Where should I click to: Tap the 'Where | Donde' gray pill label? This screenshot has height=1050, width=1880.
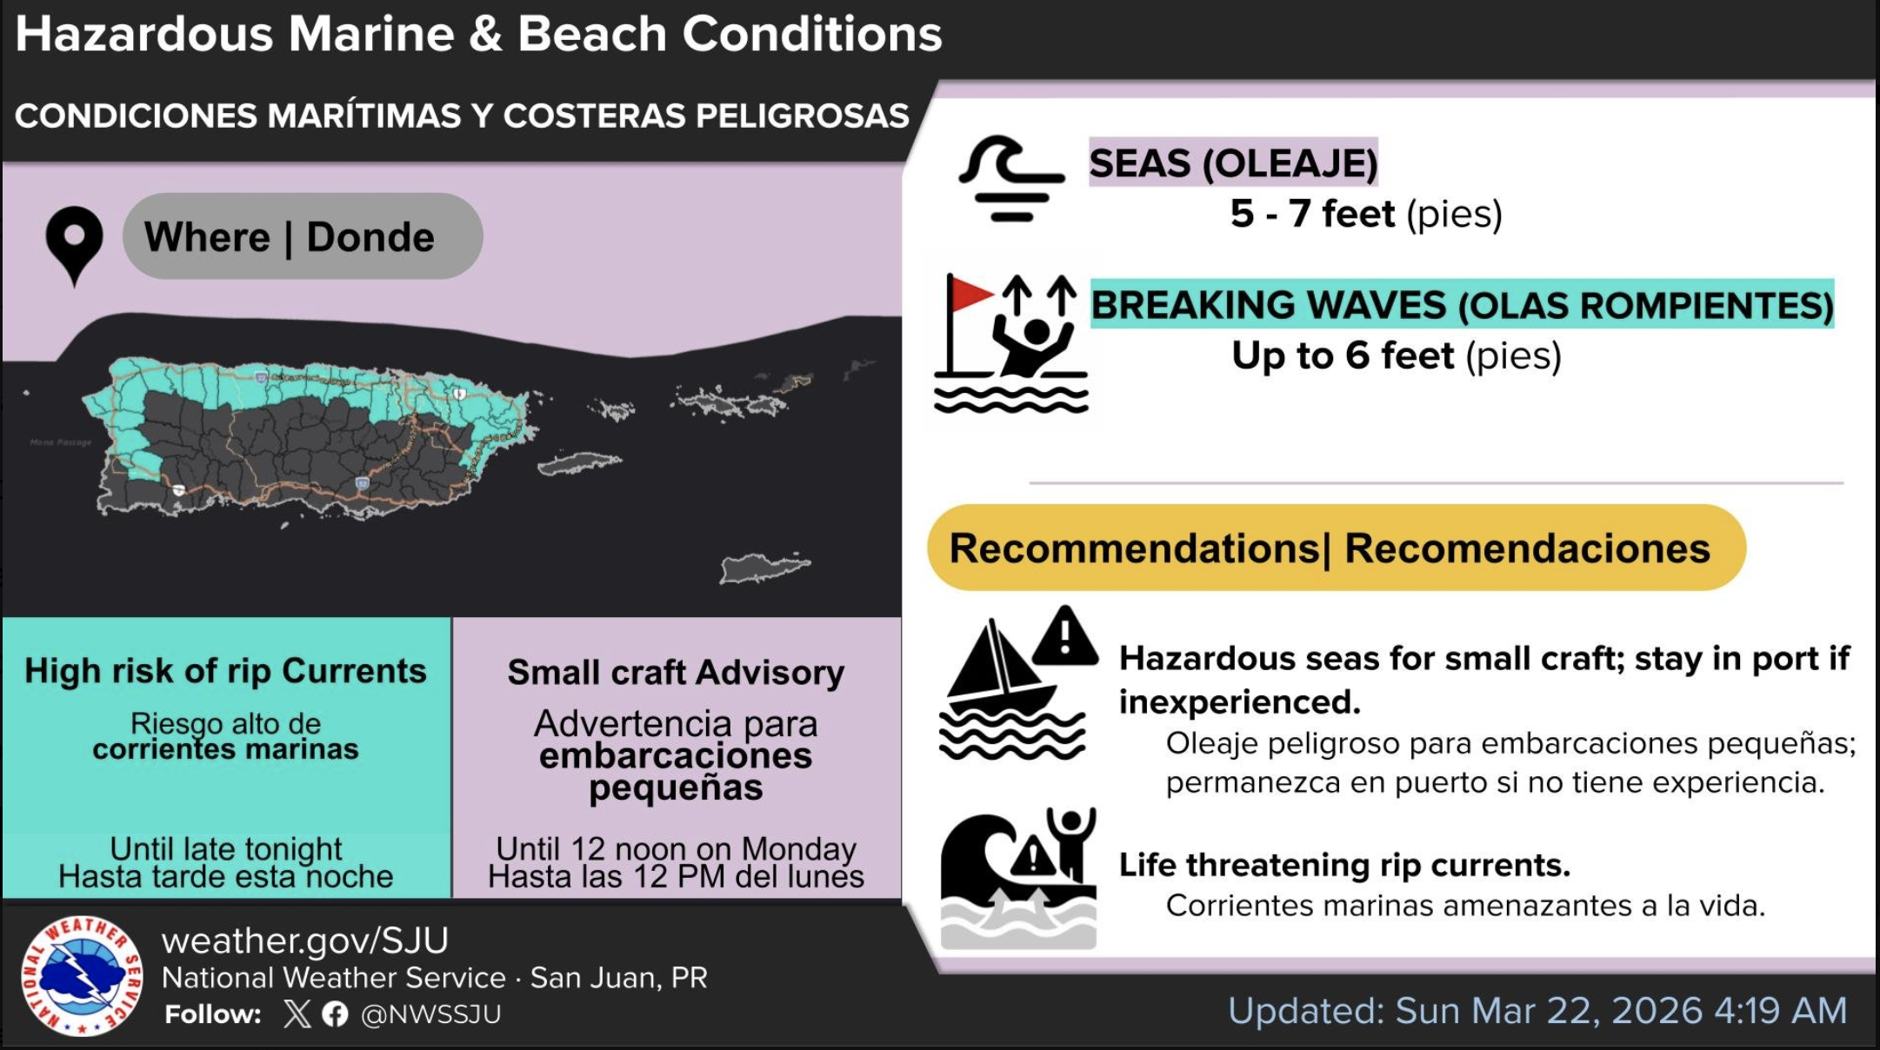(x=303, y=236)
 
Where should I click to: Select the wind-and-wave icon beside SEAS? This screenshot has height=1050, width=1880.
(x=1010, y=178)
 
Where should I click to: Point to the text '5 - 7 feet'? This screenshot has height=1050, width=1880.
(x=1312, y=214)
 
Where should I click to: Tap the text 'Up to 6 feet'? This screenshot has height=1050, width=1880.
(x=1343, y=356)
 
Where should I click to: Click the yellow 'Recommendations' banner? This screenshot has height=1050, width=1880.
(x=1337, y=548)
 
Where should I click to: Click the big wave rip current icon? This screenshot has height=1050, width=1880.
(x=1018, y=878)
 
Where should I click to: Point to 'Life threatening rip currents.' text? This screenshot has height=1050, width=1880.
(x=1344, y=865)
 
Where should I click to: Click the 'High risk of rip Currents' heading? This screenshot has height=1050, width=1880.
(x=226, y=671)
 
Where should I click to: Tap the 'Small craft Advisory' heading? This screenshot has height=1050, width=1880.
(x=677, y=673)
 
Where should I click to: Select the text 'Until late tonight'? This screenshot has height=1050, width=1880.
(x=226, y=848)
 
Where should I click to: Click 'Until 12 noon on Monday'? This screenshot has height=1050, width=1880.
(x=677, y=848)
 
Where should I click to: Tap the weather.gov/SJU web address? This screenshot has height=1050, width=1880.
(x=305, y=940)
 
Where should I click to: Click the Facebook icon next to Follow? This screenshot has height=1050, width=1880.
(x=335, y=1014)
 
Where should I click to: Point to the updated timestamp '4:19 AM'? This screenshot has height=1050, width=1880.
(x=1781, y=1011)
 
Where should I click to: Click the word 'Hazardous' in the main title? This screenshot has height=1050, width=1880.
(x=144, y=34)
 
